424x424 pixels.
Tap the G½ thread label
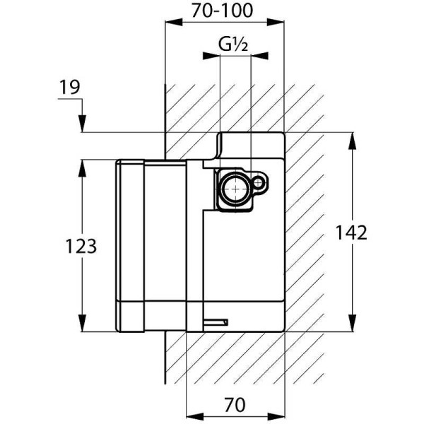(x=232, y=46)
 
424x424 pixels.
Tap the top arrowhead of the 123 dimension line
(x=83, y=167)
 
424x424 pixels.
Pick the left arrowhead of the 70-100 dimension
(x=171, y=24)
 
